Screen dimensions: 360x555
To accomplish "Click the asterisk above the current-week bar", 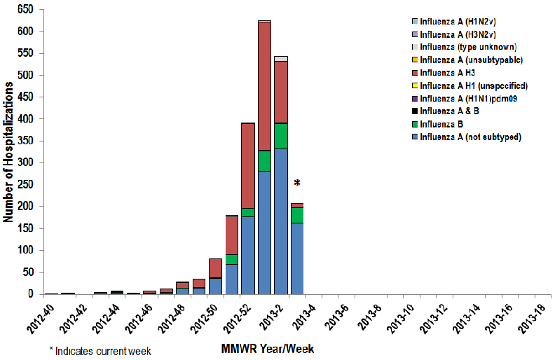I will pos(297,184).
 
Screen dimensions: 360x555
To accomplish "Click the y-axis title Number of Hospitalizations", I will pos(9,151).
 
